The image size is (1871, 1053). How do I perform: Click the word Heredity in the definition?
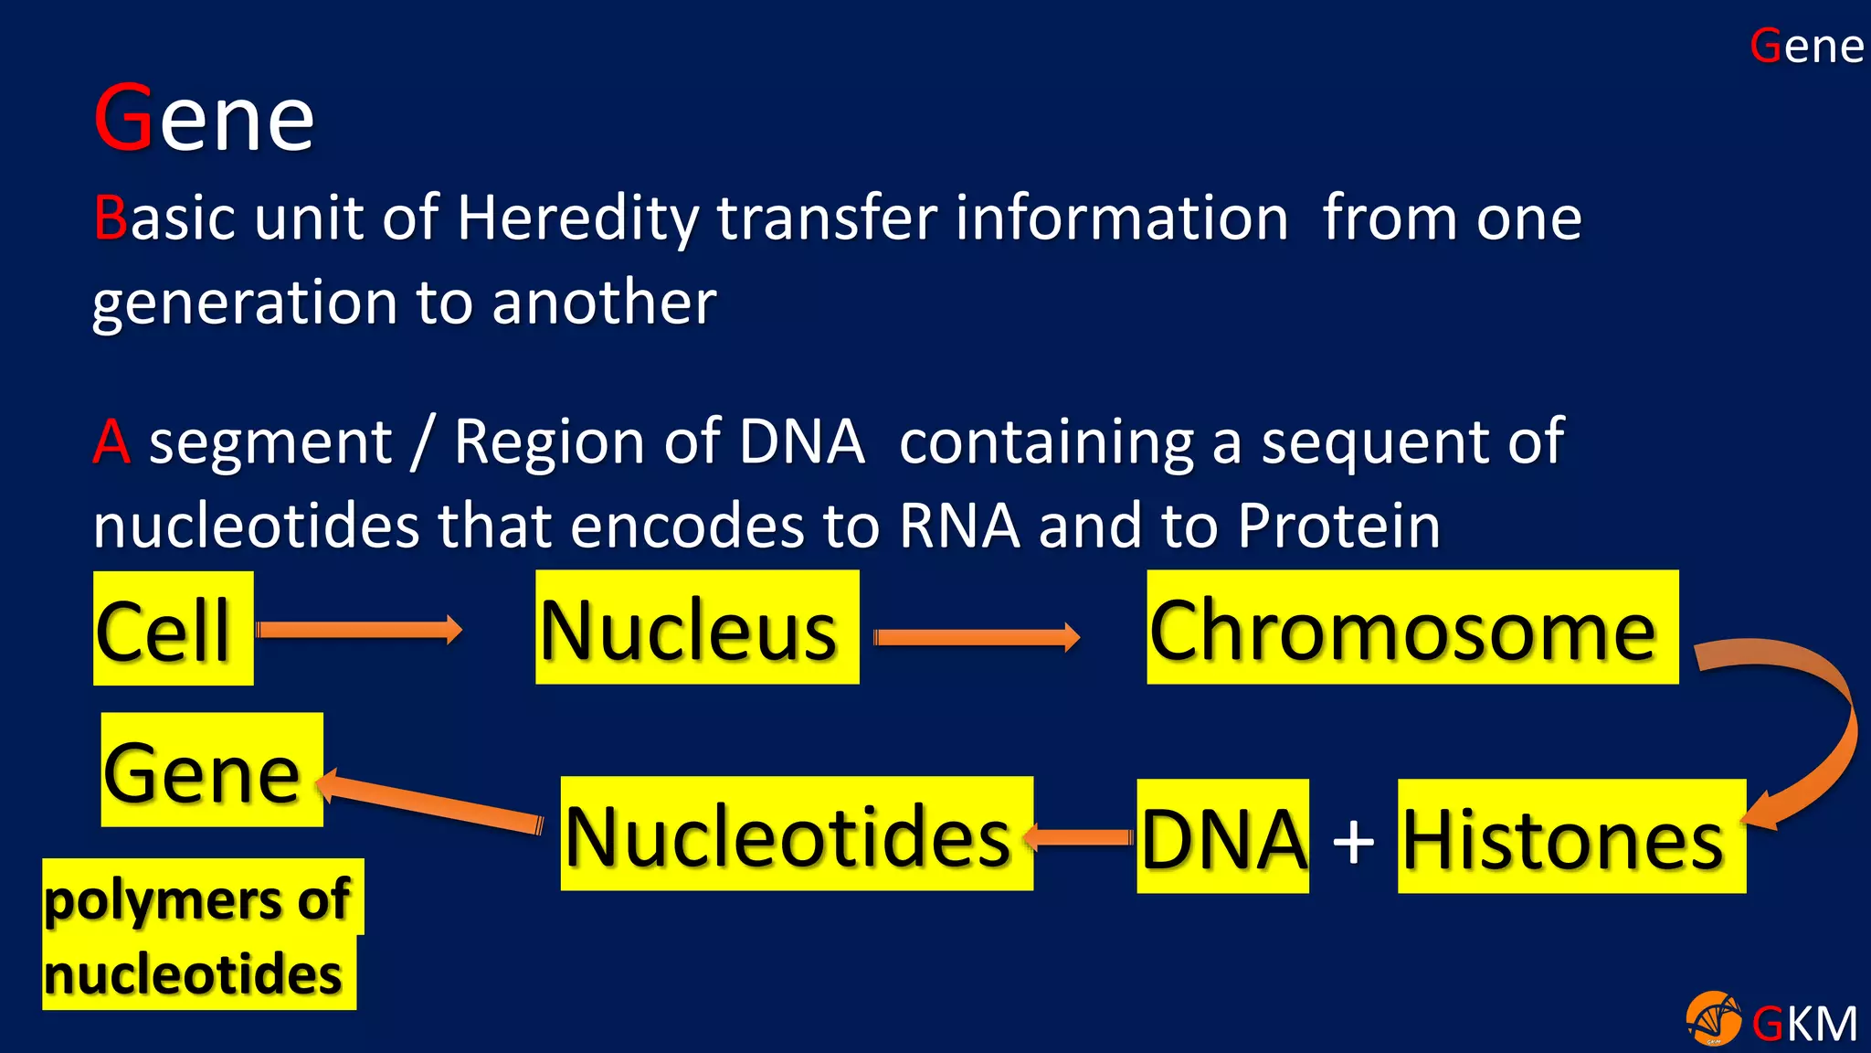[577, 218]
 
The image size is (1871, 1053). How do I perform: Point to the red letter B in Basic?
[110, 218]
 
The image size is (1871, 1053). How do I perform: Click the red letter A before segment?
[111, 442]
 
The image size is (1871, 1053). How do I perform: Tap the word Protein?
[1338, 526]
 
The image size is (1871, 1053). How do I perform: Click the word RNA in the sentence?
[958, 526]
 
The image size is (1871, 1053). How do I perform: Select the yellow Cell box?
[173, 629]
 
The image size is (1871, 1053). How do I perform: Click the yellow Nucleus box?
[696, 627]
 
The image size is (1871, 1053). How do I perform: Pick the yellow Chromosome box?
[1411, 627]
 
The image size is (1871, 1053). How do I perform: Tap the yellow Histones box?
[1570, 836]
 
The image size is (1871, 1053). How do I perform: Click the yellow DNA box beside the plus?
[1221, 836]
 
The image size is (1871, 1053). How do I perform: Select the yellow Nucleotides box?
[796, 834]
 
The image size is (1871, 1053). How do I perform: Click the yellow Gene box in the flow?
[211, 770]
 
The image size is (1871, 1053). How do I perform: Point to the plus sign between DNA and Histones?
[1353, 839]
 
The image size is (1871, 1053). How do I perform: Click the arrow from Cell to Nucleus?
[359, 630]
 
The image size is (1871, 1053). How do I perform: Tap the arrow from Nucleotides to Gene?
[429, 801]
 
